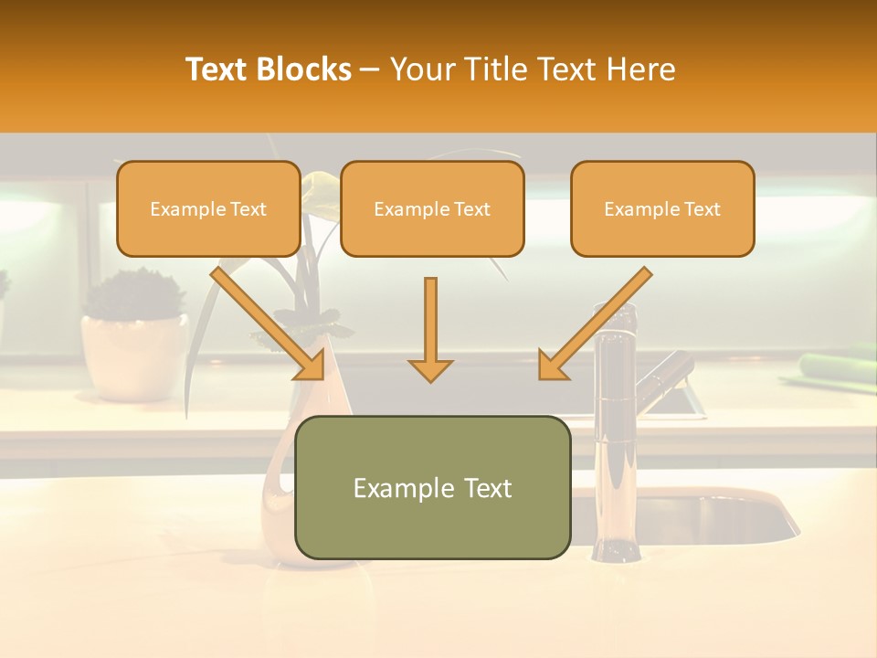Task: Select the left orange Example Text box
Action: [208, 209]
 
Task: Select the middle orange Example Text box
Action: [432, 209]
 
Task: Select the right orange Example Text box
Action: [662, 209]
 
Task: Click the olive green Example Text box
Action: [432, 488]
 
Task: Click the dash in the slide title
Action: [370, 69]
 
